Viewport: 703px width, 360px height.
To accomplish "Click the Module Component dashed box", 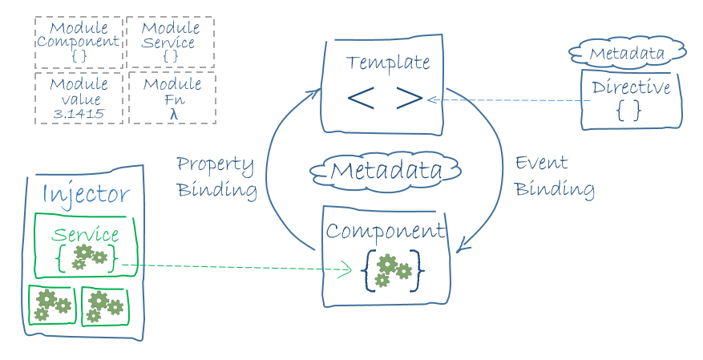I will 79,42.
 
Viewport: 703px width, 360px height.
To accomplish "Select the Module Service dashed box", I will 171,42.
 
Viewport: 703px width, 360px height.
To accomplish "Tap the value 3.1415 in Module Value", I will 79,114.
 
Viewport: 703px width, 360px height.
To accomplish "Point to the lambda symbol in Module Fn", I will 172,114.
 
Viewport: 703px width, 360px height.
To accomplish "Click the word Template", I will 388,63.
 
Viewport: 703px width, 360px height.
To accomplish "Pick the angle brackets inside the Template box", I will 385,98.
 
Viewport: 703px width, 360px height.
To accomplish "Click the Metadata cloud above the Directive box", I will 627,54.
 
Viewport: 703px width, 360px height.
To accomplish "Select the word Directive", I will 631,87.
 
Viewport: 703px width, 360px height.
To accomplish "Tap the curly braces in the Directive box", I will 629,111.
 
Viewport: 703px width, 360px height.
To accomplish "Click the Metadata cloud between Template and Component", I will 386,170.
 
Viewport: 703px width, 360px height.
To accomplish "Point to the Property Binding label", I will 216,177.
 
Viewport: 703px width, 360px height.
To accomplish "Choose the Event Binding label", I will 553,176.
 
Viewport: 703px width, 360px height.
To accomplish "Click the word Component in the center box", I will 386,232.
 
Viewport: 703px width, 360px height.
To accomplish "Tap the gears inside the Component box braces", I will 393,269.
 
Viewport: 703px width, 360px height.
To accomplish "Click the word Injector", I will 85,194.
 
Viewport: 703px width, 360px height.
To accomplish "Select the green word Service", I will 85,235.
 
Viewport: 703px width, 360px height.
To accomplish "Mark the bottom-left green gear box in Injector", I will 51,305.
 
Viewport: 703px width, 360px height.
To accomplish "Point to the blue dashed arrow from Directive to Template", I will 513,100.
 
